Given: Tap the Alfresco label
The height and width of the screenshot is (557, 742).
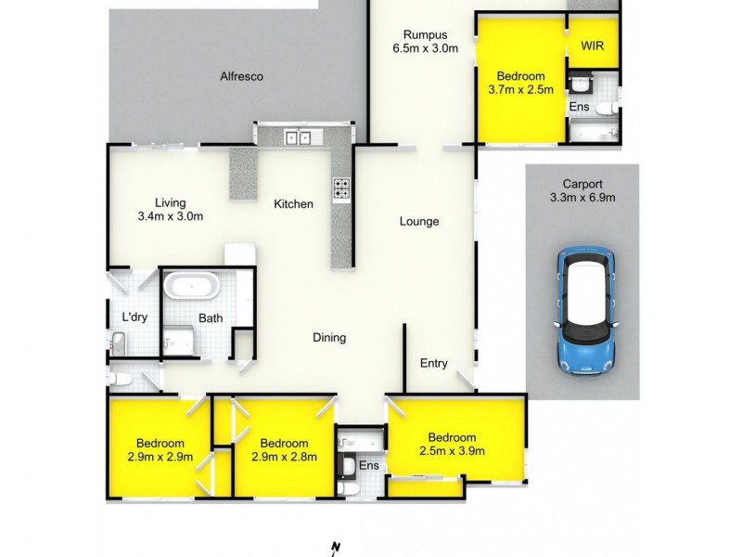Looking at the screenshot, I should pyautogui.click(x=242, y=77).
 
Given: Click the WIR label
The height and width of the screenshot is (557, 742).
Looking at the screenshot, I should pyautogui.click(x=593, y=45).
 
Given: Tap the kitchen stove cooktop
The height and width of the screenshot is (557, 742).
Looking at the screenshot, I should pyautogui.click(x=342, y=188).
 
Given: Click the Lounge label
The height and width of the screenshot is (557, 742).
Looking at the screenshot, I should pyautogui.click(x=419, y=221).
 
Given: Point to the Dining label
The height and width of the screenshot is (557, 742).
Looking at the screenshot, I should pyautogui.click(x=328, y=338).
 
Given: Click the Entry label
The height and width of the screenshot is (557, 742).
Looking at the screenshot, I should pyautogui.click(x=435, y=363).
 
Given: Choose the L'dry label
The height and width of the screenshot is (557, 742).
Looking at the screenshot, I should pyautogui.click(x=135, y=317).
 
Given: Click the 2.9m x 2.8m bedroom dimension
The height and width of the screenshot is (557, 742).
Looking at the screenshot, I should pyautogui.click(x=285, y=457).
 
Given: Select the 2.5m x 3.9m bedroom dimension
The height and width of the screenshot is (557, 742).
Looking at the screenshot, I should pyautogui.click(x=453, y=452).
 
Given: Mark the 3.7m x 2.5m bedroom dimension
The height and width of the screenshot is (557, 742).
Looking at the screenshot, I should pyautogui.click(x=520, y=90).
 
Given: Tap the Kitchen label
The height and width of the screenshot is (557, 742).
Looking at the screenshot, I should pyautogui.click(x=293, y=203).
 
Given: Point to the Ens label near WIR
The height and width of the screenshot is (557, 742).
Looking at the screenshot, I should pyautogui.click(x=578, y=107).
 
